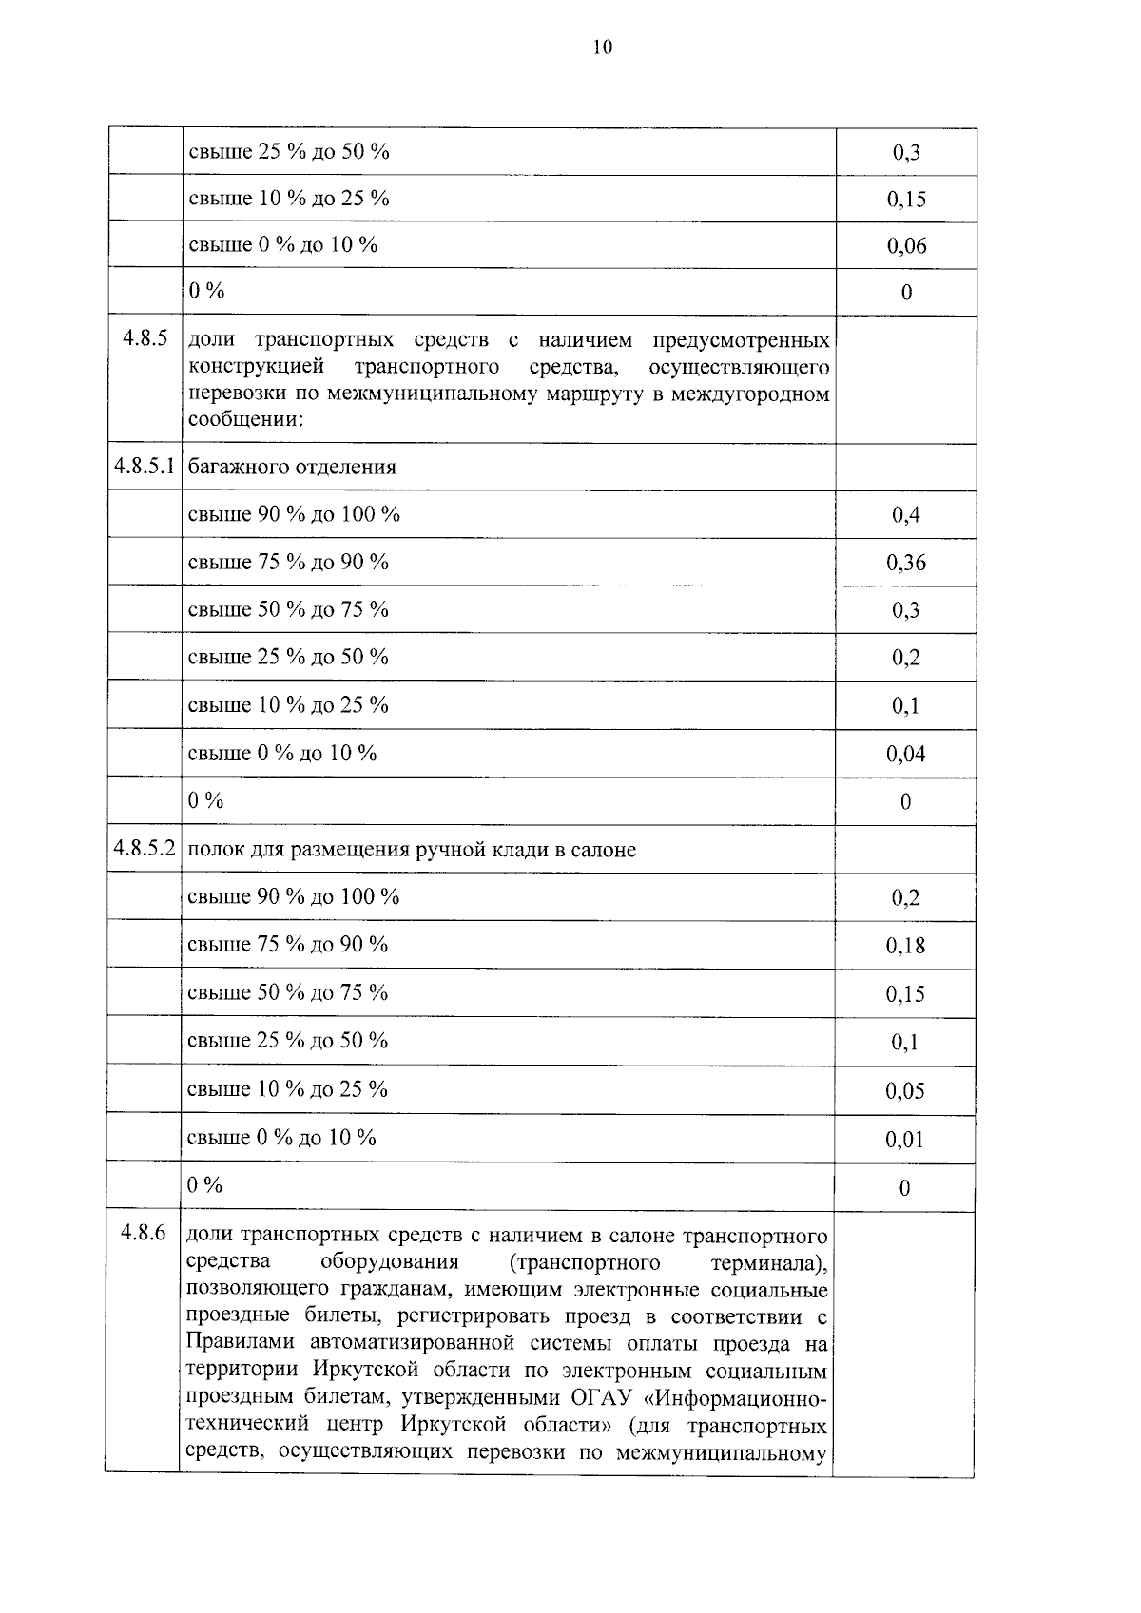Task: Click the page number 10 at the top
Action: pos(603,48)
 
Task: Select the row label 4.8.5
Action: pos(145,337)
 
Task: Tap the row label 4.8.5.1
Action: pos(145,467)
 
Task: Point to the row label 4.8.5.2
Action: pos(145,849)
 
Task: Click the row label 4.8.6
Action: pos(144,1233)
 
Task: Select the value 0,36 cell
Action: pos(905,563)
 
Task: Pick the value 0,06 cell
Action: pos(906,246)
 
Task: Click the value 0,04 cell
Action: pos(905,755)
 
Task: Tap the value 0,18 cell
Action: pos(905,946)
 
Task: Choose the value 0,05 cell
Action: pos(905,1091)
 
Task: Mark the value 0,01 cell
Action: pos(905,1140)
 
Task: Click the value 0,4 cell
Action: pos(905,515)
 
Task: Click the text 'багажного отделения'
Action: pos(292,468)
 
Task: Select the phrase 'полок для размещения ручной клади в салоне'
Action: pos(412,850)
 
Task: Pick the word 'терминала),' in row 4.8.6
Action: pos(768,1262)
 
